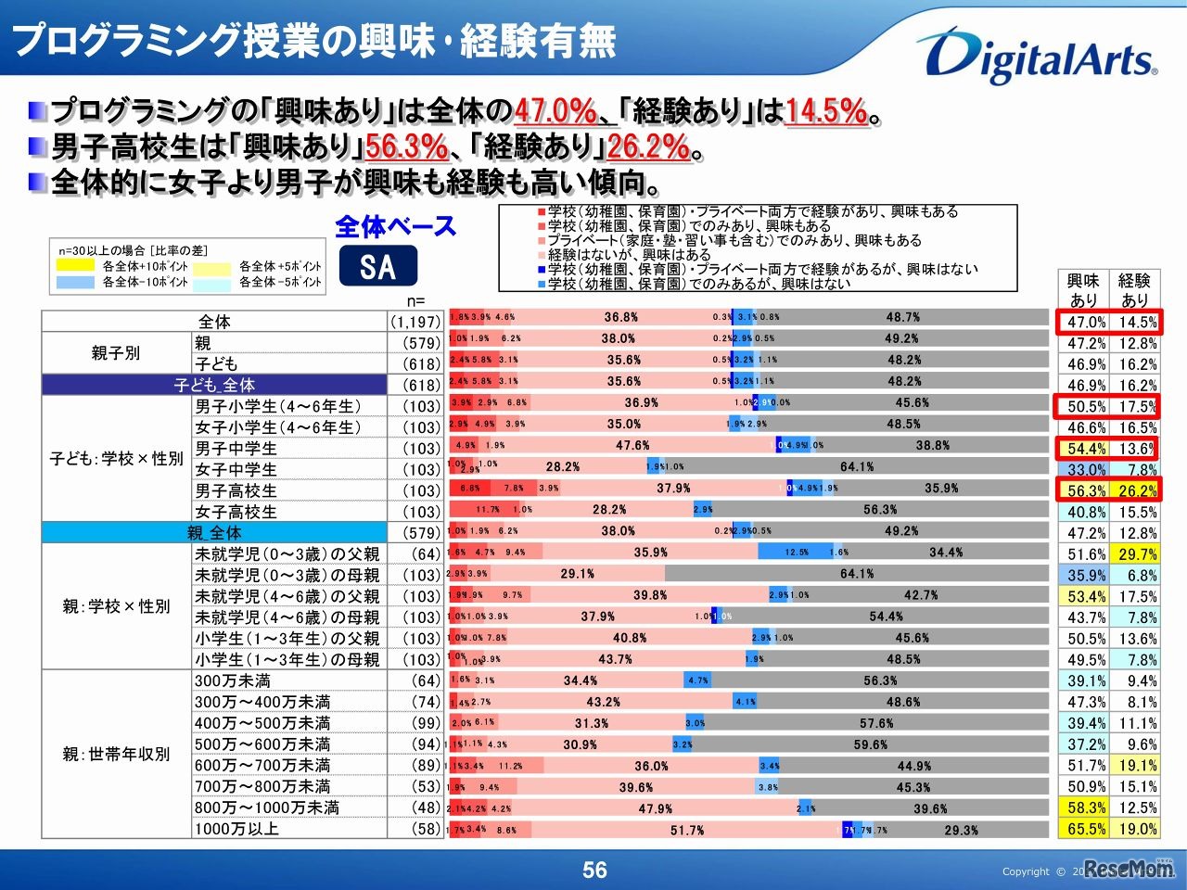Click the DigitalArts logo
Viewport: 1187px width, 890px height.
[1036, 56]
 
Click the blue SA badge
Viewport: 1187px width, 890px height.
[377, 267]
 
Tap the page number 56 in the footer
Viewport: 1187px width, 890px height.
[594, 870]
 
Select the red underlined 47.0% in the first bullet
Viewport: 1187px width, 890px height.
[555, 112]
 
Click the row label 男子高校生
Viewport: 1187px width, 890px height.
[236, 490]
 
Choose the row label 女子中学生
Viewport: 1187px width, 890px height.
[236, 469]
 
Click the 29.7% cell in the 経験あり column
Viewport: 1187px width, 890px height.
[1137, 554]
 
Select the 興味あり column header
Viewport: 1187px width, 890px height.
[1083, 289]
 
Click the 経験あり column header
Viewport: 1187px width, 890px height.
[1134, 289]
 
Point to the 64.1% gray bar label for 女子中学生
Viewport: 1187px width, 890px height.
[857, 467]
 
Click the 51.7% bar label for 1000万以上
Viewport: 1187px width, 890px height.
[687, 831]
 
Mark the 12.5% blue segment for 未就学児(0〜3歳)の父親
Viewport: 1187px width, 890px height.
[796, 553]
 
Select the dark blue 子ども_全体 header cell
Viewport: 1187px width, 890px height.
[214, 385]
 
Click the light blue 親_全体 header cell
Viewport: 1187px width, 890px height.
[214, 533]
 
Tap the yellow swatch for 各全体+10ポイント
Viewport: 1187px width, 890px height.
[75, 266]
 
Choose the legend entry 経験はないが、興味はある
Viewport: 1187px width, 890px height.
[629, 254]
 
